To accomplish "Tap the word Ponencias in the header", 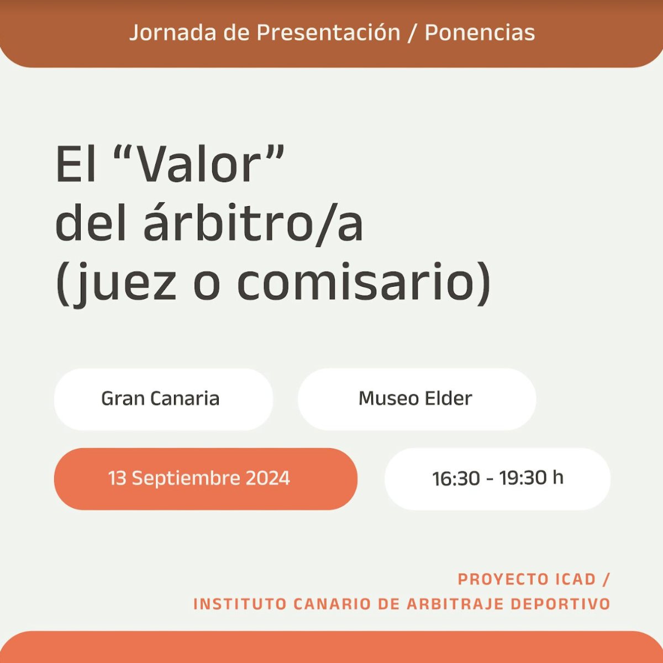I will coord(480,33).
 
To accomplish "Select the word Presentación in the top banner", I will coord(328,33).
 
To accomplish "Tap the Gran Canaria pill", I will coord(164,399).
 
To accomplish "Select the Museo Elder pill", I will coord(417,399).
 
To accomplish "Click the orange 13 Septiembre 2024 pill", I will coord(206,478).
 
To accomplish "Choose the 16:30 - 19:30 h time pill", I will coord(497,478).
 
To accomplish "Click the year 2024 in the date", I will coord(268,478).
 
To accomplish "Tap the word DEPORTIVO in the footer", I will coord(560,604).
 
